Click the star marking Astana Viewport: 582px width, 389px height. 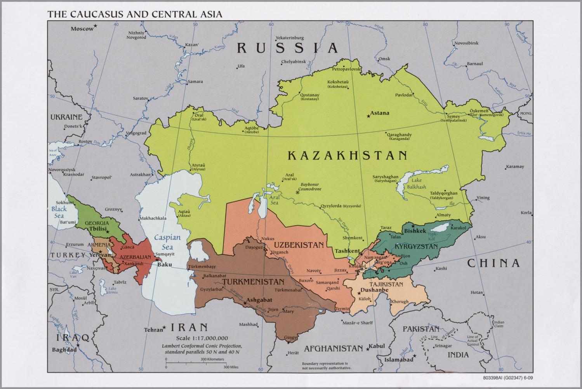(x=368, y=116)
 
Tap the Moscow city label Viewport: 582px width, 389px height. (x=82, y=29)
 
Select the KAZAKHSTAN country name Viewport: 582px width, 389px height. (x=347, y=156)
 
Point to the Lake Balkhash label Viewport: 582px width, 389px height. (x=416, y=184)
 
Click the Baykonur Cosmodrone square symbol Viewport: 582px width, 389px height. (x=298, y=192)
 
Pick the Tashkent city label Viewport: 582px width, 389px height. (x=347, y=251)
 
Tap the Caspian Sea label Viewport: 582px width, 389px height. (x=167, y=242)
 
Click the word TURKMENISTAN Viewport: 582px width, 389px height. (x=253, y=282)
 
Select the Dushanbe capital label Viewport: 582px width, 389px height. (x=374, y=290)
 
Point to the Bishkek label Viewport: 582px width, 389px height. (x=415, y=231)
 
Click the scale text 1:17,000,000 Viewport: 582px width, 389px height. (x=202, y=338)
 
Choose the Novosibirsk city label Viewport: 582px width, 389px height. (x=466, y=43)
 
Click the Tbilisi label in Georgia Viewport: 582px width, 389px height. (x=98, y=229)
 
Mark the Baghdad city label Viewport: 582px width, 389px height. (x=64, y=350)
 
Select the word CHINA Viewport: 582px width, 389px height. (x=493, y=263)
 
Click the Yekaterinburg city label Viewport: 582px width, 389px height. (x=290, y=38)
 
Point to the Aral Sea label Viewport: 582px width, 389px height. (x=274, y=200)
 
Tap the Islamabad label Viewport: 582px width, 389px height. (x=399, y=360)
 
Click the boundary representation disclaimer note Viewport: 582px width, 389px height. (x=327, y=365)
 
